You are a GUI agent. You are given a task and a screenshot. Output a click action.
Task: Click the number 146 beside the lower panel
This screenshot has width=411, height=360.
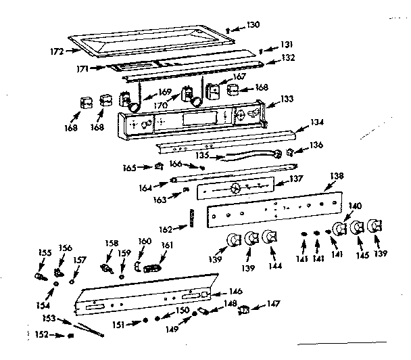click(235, 291)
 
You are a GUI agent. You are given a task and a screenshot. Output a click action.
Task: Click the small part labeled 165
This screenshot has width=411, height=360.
click(160, 166)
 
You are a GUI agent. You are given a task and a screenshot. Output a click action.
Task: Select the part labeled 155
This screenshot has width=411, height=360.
click(39, 276)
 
